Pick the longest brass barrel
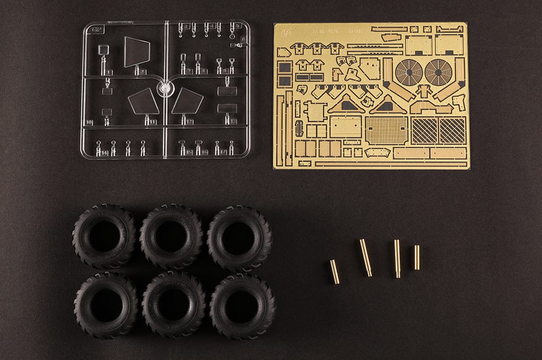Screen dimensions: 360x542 (x=366, y=257)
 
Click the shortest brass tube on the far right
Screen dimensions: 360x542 (x=417, y=257)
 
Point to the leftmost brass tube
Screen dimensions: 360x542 (x=335, y=271)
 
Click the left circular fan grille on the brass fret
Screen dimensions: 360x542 (x=409, y=72)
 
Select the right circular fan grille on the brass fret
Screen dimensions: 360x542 (x=438, y=72)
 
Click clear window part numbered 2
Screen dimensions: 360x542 (x=137, y=52)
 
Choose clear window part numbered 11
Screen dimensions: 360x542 (x=143, y=102)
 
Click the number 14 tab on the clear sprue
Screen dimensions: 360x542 (x=104, y=153)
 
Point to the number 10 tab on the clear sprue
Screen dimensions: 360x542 (x=89, y=122)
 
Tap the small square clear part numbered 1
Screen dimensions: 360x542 (x=104, y=51)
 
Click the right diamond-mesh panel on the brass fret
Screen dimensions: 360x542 (x=453, y=130)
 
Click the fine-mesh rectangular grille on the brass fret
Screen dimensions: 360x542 (x=387, y=130)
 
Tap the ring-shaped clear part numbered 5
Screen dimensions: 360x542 (x=233, y=38)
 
